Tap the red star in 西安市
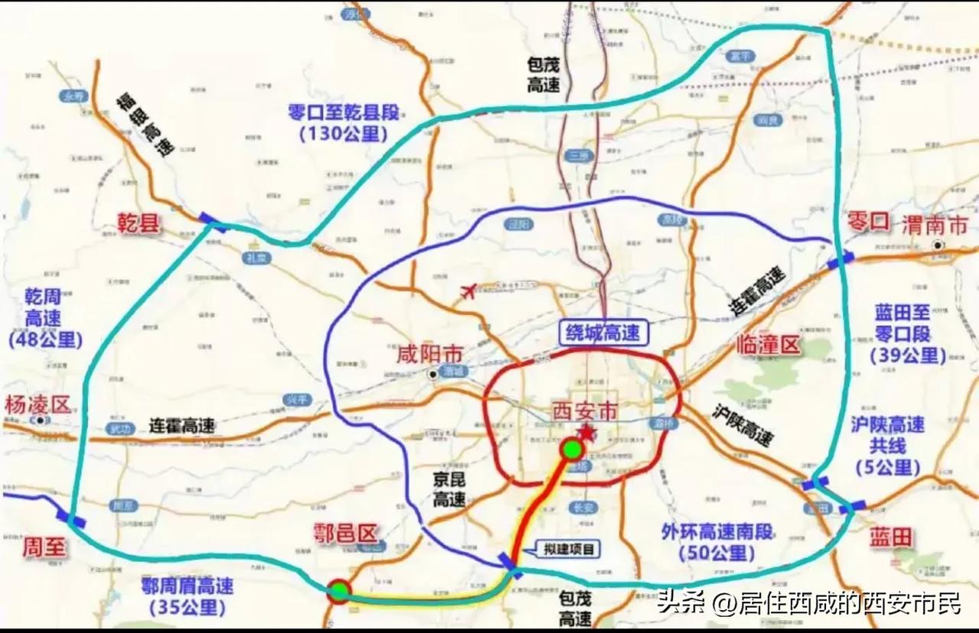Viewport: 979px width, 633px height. (x=587, y=433)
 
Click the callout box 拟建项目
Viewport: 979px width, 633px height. (x=568, y=548)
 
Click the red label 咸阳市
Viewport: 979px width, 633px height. (x=431, y=354)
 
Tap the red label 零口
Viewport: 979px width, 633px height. (x=869, y=222)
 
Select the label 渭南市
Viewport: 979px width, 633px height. (x=934, y=225)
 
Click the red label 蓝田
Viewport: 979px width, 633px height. (x=891, y=537)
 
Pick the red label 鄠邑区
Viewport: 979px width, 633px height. (x=347, y=533)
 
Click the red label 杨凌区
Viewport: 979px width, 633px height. (x=37, y=404)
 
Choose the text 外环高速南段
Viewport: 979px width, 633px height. (x=717, y=532)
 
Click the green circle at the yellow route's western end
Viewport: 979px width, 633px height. (x=339, y=590)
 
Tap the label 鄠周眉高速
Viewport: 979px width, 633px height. (x=187, y=586)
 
